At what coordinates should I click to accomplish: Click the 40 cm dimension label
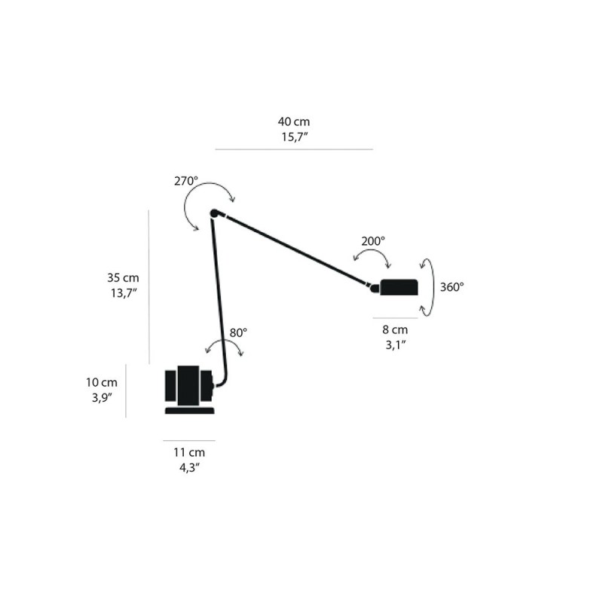[x=294, y=121]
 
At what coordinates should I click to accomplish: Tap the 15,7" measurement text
[x=294, y=136]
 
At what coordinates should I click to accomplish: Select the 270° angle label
[x=185, y=182]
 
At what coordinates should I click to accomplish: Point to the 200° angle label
[x=372, y=241]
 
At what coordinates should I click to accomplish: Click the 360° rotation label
[x=452, y=286]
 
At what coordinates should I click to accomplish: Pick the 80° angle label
[x=238, y=332]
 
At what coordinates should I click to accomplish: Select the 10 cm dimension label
[x=102, y=382]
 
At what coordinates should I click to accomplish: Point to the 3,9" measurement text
[x=102, y=397]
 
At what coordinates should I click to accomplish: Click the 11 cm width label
[x=188, y=453]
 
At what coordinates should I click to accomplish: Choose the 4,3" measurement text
[x=188, y=468]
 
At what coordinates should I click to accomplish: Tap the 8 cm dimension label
[x=394, y=329]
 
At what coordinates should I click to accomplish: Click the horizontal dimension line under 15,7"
[x=294, y=149]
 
